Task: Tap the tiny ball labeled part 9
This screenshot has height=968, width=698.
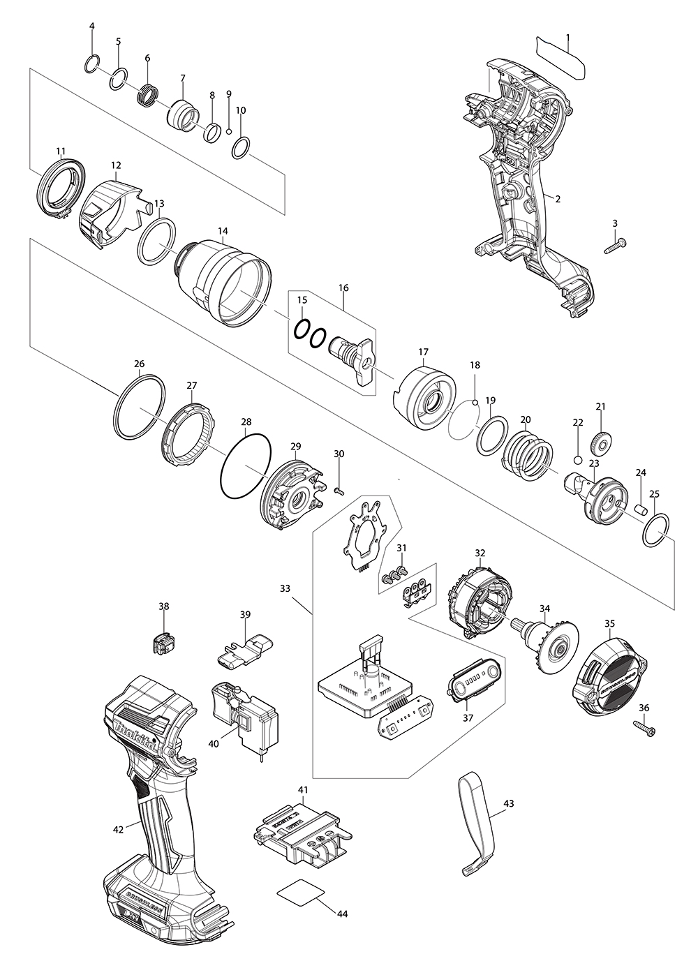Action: click(x=229, y=131)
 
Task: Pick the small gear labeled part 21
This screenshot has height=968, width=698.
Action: click(x=600, y=442)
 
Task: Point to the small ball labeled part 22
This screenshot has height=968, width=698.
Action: click(x=577, y=459)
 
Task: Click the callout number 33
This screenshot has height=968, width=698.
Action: click(x=285, y=588)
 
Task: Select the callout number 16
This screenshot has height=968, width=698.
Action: click(x=343, y=288)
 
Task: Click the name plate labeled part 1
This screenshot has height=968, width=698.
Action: click(x=560, y=56)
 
